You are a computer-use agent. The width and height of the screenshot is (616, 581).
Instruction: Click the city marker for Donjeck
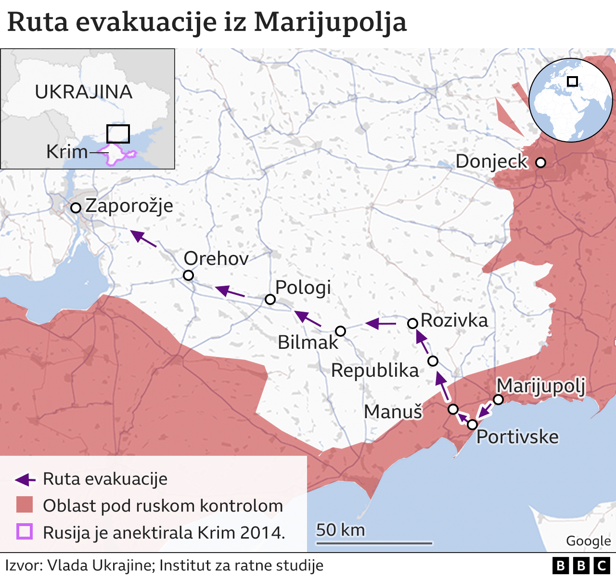tap(540, 163)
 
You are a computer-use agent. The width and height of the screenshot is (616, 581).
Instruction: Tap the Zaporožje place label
tap(129, 206)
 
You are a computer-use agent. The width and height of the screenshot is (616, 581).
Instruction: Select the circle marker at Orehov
tap(189, 275)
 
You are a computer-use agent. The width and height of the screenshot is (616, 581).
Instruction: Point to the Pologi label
tap(303, 288)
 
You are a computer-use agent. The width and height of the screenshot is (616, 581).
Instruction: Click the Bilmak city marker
tap(340, 331)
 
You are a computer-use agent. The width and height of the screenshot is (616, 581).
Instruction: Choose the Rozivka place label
tap(454, 320)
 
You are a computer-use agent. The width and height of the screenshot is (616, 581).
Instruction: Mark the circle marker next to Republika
tap(433, 361)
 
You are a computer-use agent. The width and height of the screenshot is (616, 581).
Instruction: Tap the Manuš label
tap(393, 412)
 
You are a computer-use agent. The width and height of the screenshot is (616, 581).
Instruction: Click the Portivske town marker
tap(472, 424)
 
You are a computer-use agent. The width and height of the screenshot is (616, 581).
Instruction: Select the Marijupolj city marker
tap(499, 399)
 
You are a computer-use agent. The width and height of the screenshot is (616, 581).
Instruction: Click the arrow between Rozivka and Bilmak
tap(380, 323)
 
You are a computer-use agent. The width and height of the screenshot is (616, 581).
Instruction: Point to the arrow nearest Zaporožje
tap(143, 238)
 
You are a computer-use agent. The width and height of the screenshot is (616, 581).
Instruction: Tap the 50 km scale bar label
tap(340, 530)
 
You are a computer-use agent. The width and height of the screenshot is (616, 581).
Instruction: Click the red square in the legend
tap(24, 505)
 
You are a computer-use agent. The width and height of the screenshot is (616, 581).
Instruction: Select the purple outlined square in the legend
tap(24, 532)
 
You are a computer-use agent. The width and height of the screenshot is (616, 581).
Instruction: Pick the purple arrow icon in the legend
tap(25, 479)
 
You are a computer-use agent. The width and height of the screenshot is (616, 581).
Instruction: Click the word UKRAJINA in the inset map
tap(83, 92)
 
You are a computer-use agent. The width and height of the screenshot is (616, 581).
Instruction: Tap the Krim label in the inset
tap(67, 152)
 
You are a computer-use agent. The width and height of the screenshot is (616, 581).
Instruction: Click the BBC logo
tap(581, 566)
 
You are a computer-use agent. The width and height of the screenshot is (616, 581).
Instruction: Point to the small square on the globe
tap(572, 81)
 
